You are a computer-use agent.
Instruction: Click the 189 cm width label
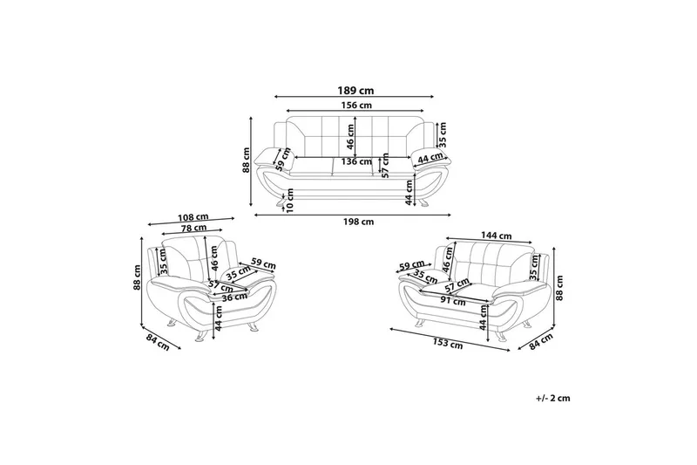[x=355, y=91]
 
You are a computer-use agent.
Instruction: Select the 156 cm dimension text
[x=355, y=106]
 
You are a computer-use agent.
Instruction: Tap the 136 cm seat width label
[x=356, y=161]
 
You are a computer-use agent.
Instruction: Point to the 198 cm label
[x=358, y=222]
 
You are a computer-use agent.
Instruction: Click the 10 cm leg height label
[x=290, y=201]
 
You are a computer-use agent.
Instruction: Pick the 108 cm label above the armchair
[x=193, y=217]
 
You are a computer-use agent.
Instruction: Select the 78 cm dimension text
[x=193, y=228]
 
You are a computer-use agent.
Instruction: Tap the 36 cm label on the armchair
[x=233, y=297]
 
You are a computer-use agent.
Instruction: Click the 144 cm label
[x=496, y=236]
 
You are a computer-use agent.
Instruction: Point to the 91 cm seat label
[x=453, y=300]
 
